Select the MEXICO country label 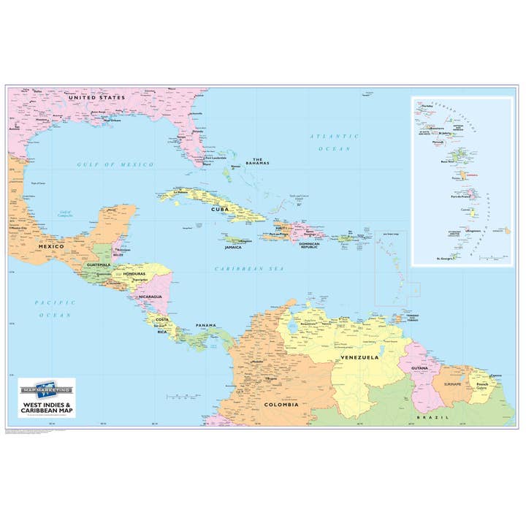52,247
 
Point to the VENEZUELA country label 359,357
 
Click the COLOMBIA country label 281,404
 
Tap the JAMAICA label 233,247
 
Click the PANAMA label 205,325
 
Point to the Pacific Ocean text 56,308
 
